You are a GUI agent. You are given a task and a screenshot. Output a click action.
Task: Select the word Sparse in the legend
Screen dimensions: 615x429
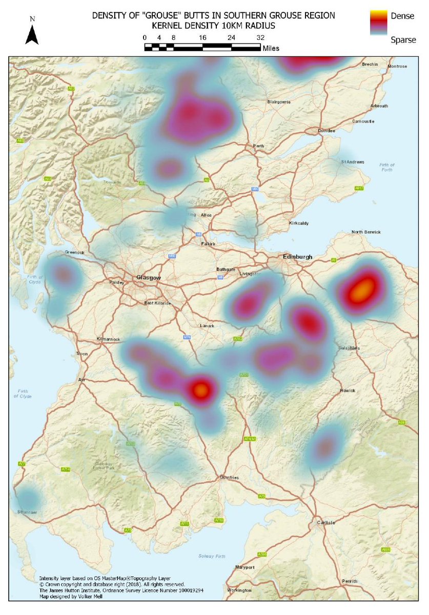(403, 40)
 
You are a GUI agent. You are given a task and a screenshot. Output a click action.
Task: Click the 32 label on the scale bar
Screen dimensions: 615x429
(260, 37)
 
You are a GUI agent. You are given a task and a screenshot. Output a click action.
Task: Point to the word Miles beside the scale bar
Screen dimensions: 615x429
(271, 48)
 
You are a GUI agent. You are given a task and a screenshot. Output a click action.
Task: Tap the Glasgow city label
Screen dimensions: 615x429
(149, 278)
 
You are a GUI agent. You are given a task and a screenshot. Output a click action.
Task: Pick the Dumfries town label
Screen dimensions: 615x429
(230, 478)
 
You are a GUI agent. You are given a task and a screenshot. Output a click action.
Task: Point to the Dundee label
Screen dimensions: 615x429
(326, 131)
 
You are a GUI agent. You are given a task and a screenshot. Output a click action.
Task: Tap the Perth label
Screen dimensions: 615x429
(258, 146)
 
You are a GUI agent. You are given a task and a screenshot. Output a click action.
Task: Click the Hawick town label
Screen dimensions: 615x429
(348, 391)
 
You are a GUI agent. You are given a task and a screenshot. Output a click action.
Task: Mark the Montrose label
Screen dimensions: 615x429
(397, 66)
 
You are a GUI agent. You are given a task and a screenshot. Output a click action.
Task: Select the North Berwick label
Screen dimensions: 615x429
(366, 232)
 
